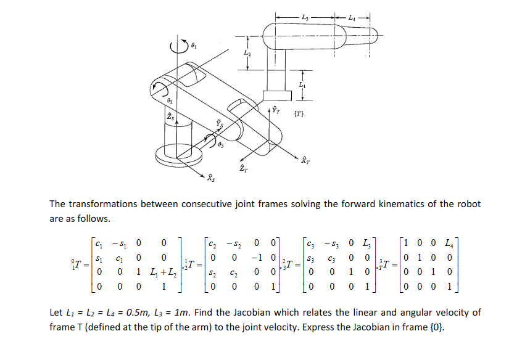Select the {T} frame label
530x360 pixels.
[299, 113]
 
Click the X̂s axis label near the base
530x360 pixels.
[212, 179]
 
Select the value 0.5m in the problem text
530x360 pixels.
[128, 313]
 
